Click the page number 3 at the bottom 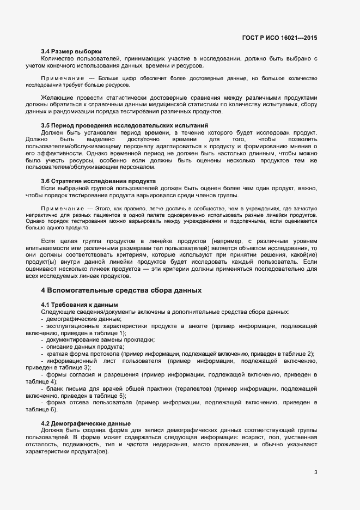coord(315,472)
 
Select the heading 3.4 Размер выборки coord(71,51)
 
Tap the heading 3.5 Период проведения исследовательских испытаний coord(125,125)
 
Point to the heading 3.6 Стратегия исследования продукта coord(99,181)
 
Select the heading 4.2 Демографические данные coord(86,423)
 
